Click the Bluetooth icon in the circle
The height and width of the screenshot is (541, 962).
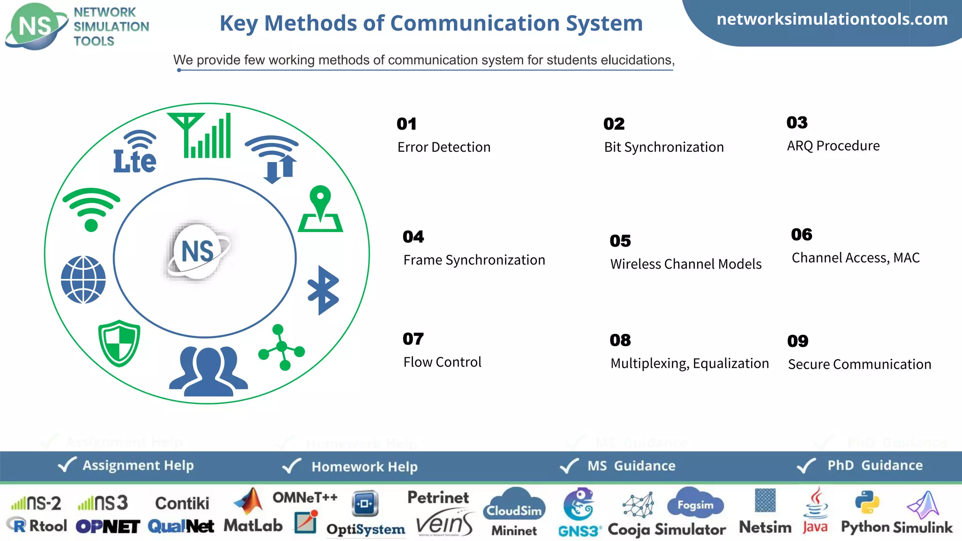tap(323, 290)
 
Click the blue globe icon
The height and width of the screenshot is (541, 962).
tap(83, 279)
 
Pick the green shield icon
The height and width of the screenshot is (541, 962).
tap(119, 343)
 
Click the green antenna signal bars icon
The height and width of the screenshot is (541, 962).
tap(202, 135)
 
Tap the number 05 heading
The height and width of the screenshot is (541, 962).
tap(620, 241)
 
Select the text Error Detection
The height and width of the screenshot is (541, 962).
tap(444, 147)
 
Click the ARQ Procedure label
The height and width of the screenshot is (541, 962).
tap(833, 146)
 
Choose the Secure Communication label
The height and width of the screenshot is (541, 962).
tap(859, 364)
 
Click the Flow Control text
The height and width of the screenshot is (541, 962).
tap(442, 362)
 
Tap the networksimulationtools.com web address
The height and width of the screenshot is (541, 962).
tap(832, 19)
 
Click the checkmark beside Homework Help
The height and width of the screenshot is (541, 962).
tap(292, 466)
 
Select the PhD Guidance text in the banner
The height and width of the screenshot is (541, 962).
tap(875, 465)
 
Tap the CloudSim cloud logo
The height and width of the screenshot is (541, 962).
tap(514, 505)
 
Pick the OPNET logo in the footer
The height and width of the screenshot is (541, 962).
tap(108, 526)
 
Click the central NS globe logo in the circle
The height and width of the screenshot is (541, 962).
tap(198, 251)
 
